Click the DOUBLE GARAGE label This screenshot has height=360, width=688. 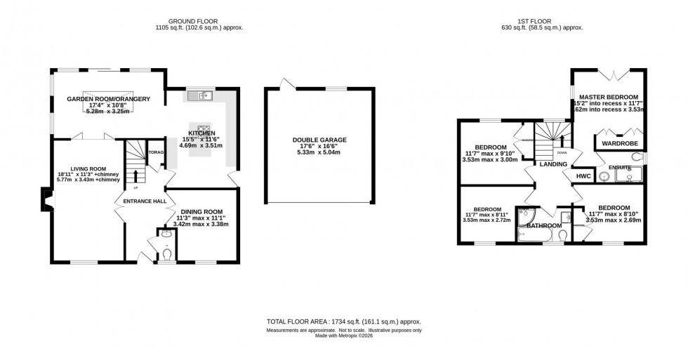click(x=319, y=140)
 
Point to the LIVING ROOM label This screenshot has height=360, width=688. click(x=82, y=169)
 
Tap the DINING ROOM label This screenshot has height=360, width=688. click(x=201, y=211)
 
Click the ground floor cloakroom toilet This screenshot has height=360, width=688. click(x=166, y=251)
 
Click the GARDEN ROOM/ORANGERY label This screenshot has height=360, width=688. click(x=109, y=99)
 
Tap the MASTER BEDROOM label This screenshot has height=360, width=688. click(x=608, y=96)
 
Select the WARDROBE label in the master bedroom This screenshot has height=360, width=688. click(x=618, y=143)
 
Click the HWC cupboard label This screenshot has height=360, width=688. click(x=583, y=175)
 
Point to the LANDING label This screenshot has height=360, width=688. click(x=553, y=164)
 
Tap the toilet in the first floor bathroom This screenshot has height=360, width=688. click(x=563, y=234)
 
